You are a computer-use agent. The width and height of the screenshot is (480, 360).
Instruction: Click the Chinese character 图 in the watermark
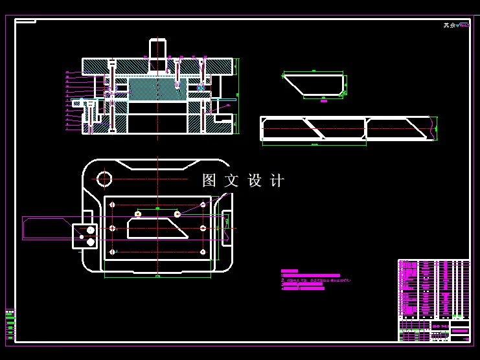(x=209, y=181)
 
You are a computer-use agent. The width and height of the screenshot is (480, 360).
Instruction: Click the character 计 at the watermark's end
(x=277, y=181)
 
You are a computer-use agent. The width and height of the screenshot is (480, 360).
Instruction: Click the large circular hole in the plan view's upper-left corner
(x=104, y=178)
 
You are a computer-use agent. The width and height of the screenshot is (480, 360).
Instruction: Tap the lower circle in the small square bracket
(x=90, y=242)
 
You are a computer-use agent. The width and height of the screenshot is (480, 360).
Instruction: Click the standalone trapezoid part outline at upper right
(x=314, y=84)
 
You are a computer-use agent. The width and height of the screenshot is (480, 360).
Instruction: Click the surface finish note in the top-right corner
(x=456, y=25)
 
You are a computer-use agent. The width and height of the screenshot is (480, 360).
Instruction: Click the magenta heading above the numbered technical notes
(x=289, y=271)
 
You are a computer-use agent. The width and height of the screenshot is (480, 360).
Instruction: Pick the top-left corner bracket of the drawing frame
(x=25, y=21)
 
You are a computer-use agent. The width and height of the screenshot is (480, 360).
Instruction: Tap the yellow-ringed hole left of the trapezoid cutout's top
(x=137, y=213)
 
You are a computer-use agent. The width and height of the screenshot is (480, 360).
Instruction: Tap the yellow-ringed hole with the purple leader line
(x=177, y=213)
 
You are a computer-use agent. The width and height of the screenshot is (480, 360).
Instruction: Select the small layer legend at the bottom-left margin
(x=9, y=324)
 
